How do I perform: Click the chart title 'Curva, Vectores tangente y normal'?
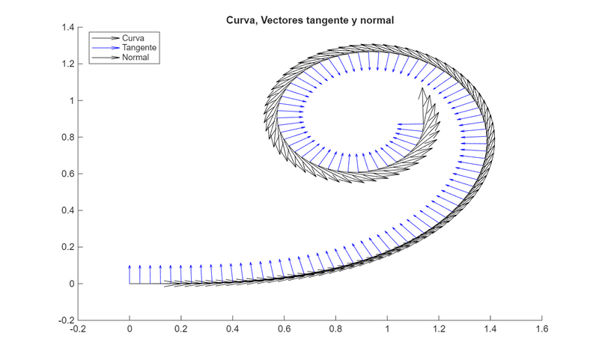(309, 21)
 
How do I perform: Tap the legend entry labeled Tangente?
(141, 47)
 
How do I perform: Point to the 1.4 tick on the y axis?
(67, 28)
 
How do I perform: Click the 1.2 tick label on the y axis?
(67, 64)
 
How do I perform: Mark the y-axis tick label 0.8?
(67, 137)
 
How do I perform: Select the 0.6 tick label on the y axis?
(67, 174)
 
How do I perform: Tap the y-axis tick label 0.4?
(67, 210)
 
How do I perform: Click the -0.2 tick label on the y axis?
(66, 320)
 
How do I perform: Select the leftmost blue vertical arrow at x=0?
(130, 274)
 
